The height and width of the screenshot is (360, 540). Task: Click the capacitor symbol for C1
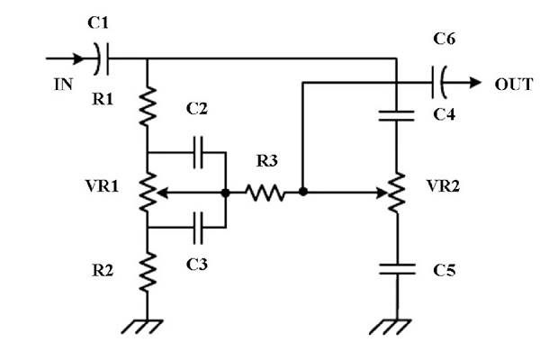pos(102,59)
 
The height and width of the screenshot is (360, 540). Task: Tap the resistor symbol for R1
pos(147,106)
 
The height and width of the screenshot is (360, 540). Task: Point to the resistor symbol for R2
pos(147,267)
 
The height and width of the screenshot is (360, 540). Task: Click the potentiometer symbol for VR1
pos(147,191)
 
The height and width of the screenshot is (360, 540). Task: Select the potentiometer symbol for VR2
pos(395,192)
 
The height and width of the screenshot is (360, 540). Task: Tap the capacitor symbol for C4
pos(395,113)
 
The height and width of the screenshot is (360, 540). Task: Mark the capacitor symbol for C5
pos(395,267)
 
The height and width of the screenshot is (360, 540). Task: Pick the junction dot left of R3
pos(224,192)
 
